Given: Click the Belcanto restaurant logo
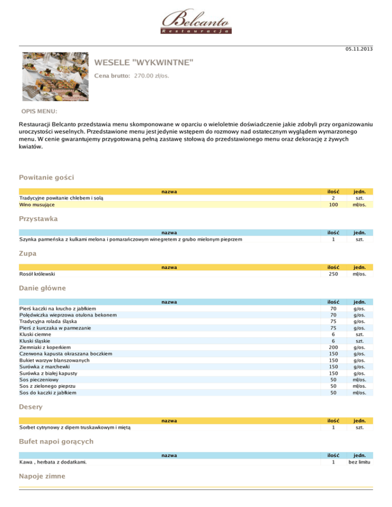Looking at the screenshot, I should (197, 21).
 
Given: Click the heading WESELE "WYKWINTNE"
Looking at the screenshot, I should (144, 63).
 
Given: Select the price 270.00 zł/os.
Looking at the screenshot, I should (152, 76).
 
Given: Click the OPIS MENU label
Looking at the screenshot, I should (39, 111).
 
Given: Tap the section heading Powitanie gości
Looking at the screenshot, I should (46, 178).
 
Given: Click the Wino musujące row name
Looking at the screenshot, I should (38, 205).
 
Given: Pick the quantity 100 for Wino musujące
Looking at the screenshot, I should (333, 205).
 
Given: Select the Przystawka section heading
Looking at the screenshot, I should (38, 219).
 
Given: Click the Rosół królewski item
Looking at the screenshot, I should (37, 274).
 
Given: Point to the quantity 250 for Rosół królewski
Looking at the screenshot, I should (333, 274).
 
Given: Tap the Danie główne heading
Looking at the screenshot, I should (42, 288).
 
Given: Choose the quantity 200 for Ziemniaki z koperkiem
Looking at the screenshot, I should (333, 347).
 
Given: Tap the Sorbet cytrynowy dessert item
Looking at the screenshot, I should (75, 427).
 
